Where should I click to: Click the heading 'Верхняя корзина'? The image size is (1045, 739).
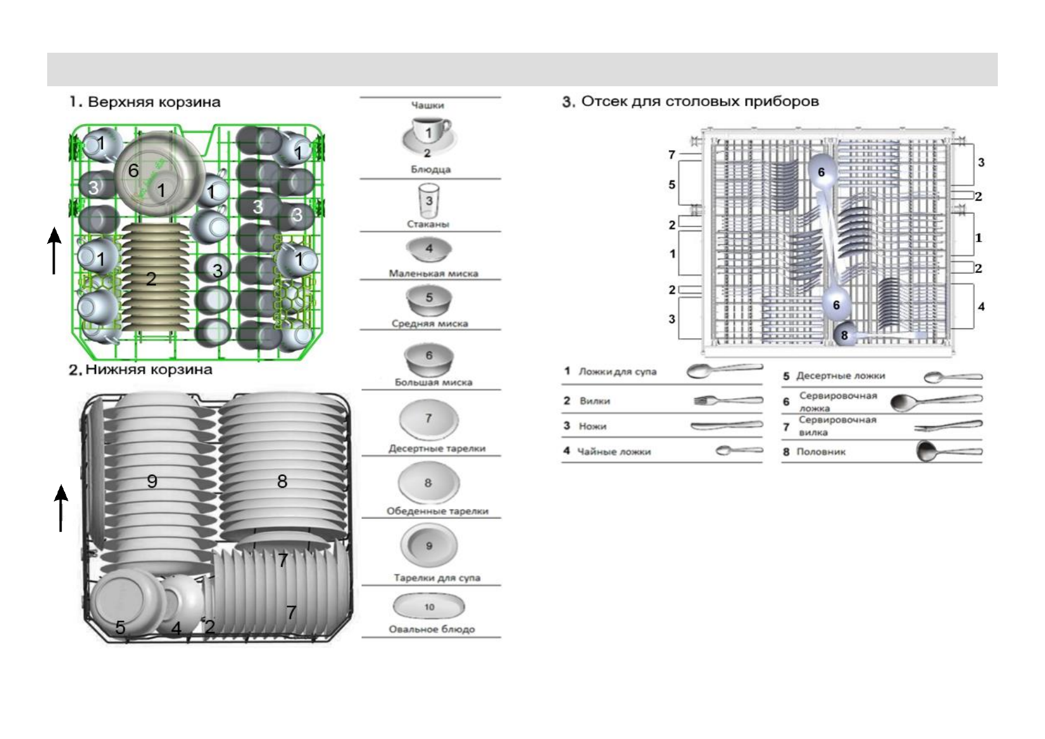[x=145, y=102]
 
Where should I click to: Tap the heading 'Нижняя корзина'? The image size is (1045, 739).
[x=141, y=370]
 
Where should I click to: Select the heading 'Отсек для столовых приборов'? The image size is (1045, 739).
[x=691, y=102]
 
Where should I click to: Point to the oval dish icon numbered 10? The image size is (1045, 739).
[x=429, y=606]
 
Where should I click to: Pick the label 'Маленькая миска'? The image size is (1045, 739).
[x=433, y=273]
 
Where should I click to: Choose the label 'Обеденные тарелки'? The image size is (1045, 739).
[x=437, y=511]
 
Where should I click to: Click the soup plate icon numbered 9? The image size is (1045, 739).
[x=429, y=546]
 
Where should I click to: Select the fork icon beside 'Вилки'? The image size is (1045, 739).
[x=728, y=401]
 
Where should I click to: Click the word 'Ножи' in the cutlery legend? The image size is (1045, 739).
[x=592, y=426]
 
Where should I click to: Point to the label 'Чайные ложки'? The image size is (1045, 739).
[x=614, y=452]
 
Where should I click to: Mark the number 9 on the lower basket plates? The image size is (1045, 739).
[x=152, y=481]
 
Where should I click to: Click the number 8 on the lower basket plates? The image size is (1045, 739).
[x=282, y=481]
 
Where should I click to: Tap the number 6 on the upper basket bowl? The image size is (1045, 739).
[x=133, y=171]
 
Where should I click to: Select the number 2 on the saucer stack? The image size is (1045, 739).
[x=151, y=279]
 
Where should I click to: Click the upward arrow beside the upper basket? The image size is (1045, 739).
[x=55, y=250]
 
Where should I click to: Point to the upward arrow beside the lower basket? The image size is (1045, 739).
[x=61, y=508]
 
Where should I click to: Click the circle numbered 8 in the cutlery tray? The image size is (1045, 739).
[x=844, y=335]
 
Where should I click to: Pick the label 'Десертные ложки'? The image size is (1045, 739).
[x=840, y=376]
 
